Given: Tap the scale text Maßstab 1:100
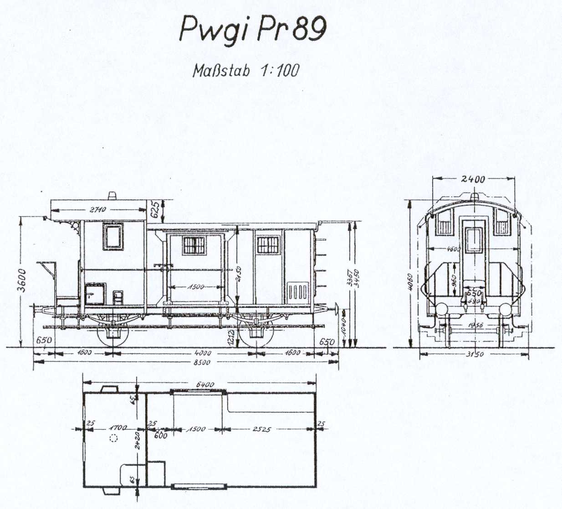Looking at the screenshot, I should pyautogui.click(x=246, y=71).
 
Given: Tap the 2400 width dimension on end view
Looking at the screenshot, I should pyautogui.click(x=473, y=179).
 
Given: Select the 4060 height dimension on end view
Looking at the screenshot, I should pyautogui.click(x=410, y=283).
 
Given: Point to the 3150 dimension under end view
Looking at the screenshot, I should pyautogui.click(x=473, y=354).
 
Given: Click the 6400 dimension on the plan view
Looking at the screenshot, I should pyautogui.click(x=205, y=384).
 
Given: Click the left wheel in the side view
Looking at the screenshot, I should pyautogui.click(x=113, y=334).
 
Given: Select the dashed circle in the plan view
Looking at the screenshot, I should pyautogui.click(x=113, y=438).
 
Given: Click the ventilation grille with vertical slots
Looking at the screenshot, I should pyautogui.click(x=299, y=291).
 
